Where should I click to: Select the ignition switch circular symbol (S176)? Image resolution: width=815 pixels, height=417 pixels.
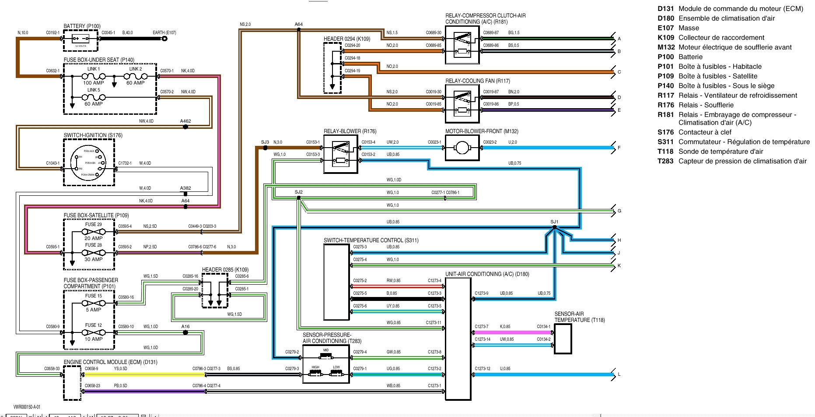(89, 163)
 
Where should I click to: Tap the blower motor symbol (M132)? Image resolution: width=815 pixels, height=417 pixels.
(462, 148)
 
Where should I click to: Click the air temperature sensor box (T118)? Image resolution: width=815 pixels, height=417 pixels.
(563, 339)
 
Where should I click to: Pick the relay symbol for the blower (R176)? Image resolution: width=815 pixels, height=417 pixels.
(341, 154)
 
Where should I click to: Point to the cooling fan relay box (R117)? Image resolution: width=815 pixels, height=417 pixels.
(462, 103)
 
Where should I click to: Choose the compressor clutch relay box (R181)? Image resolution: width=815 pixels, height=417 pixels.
(462, 45)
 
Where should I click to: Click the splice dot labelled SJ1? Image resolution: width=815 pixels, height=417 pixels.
(554, 227)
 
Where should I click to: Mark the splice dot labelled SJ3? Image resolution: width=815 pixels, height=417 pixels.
(265, 148)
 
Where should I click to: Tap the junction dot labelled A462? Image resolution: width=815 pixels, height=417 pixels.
(185, 127)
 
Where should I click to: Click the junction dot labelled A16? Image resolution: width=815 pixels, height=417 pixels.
(185, 332)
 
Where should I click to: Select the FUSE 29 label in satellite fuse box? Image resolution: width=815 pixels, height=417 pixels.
(93, 224)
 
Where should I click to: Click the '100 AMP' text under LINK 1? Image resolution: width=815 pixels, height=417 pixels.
(94, 83)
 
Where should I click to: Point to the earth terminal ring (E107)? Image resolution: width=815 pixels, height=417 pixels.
(164, 39)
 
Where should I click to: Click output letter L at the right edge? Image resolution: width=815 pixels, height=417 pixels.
(619, 375)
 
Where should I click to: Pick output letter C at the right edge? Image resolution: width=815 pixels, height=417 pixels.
(619, 72)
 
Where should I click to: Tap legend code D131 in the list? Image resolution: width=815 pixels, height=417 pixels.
(665, 9)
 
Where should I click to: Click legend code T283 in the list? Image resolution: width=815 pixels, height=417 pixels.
(665, 161)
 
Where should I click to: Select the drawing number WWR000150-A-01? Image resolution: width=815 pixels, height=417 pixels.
(27, 407)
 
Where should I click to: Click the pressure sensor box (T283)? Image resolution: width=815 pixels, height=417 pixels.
(326, 364)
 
